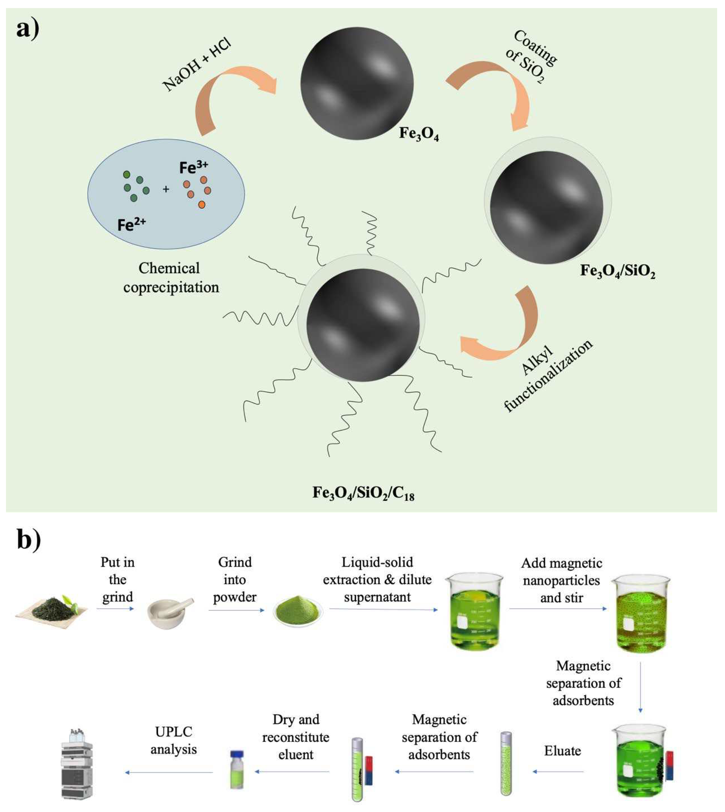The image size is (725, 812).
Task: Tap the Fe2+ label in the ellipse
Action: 131,224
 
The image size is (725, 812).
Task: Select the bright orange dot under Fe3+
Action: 202,205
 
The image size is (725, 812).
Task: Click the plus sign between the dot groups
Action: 166,189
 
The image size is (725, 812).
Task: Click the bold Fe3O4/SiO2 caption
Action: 617,271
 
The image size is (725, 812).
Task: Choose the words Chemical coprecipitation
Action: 170,278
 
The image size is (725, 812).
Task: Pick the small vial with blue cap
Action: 237,769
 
